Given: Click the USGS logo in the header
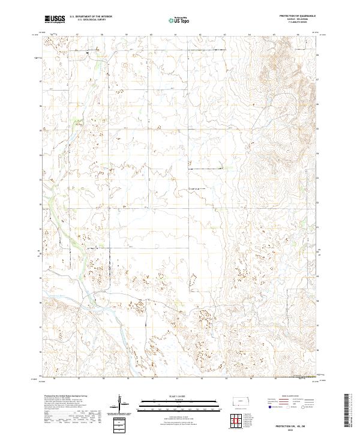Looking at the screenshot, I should point(54,18).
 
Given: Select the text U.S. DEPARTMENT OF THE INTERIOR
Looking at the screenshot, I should point(91,17).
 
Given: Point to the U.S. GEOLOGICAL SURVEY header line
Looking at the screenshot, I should point(91,20).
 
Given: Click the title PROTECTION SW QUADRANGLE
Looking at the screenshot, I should point(298,16).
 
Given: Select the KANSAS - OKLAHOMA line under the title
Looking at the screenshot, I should point(298,19).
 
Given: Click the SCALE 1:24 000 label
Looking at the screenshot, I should point(164,395).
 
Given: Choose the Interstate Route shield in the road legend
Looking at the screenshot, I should point(272,407).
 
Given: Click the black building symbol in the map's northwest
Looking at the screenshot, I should point(88,53).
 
